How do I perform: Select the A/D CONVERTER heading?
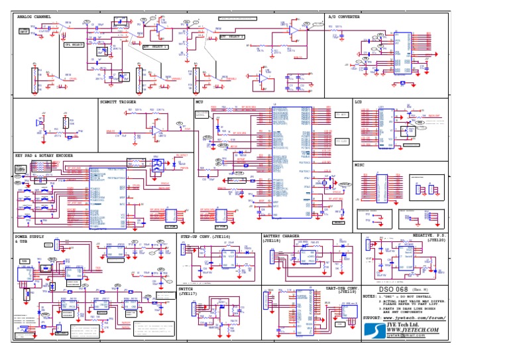(x=343, y=17)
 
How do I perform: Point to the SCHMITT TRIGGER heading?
(x=117, y=103)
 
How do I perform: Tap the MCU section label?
(x=199, y=103)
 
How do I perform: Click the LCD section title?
(x=359, y=103)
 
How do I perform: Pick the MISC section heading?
(x=360, y=165)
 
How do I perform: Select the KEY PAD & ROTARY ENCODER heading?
(x=44, y=155)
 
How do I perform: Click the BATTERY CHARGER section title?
(x=281, y=236)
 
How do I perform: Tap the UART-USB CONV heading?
(x=342, y=288)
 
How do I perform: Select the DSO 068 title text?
(x=391, y=290)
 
